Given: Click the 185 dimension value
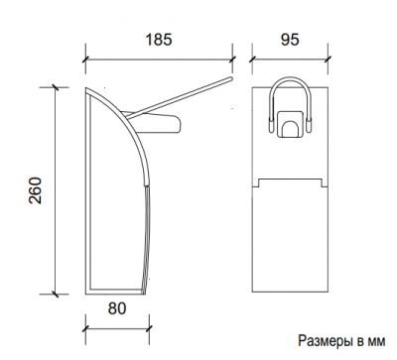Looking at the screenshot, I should pos(159,40).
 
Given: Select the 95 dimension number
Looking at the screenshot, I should pos(290,40).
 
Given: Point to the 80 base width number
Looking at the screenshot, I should pos(117,308).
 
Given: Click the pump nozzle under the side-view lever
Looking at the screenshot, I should pos(169,123).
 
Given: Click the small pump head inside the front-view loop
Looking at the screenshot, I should pos(290,126).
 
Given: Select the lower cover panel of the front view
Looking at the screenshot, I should pos(290,233).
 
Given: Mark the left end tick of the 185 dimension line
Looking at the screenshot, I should pos(84,56).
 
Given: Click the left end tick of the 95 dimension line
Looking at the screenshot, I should pos(253,56).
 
